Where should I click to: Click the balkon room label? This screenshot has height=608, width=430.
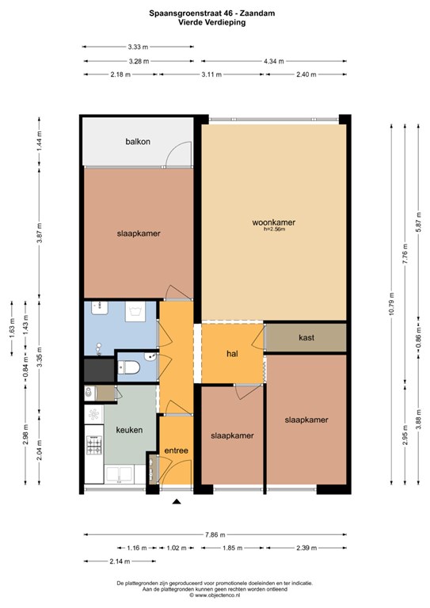coord(138,142)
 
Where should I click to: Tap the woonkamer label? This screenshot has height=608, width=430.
coord(274,222)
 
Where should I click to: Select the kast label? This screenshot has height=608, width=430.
coord(306,337)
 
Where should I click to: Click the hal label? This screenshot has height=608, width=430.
coord(232,354)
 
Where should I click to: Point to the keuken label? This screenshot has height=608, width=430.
coord(129,430)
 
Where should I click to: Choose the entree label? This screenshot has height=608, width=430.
coord(176,450)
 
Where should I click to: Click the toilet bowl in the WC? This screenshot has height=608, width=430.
coord(128,367)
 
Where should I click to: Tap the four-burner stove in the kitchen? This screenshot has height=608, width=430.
coord(93,445)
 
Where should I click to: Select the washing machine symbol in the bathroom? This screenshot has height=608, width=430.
coord(135,312)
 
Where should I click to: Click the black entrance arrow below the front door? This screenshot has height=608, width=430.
coord(177,502)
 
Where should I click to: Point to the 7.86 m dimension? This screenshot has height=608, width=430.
coord(215,534)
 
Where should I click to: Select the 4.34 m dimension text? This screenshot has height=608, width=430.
coord(274,61)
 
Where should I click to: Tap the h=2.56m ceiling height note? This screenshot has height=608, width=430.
coord(274,229)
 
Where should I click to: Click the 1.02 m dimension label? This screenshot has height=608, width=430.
coord(177,548)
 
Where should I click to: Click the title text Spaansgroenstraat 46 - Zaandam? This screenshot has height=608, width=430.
coord(212,13)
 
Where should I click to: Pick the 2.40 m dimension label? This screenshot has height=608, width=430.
coord(306,74)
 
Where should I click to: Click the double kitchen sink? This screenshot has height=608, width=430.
coord(120,475)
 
